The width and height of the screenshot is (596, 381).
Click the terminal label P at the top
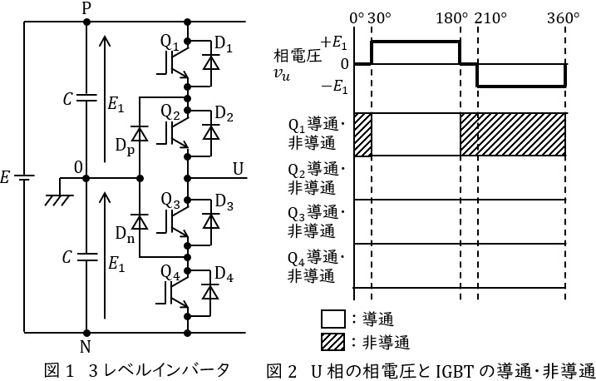coord(86,7)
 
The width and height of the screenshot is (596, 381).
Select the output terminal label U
coord(239,168)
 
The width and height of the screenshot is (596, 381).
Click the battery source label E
coord(7,177)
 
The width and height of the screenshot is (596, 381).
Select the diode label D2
coord(224,114)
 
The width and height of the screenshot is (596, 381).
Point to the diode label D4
coord(224,274)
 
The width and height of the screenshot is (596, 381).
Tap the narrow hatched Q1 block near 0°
coord(362,134)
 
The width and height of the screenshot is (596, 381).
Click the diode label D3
coord(224,205)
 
